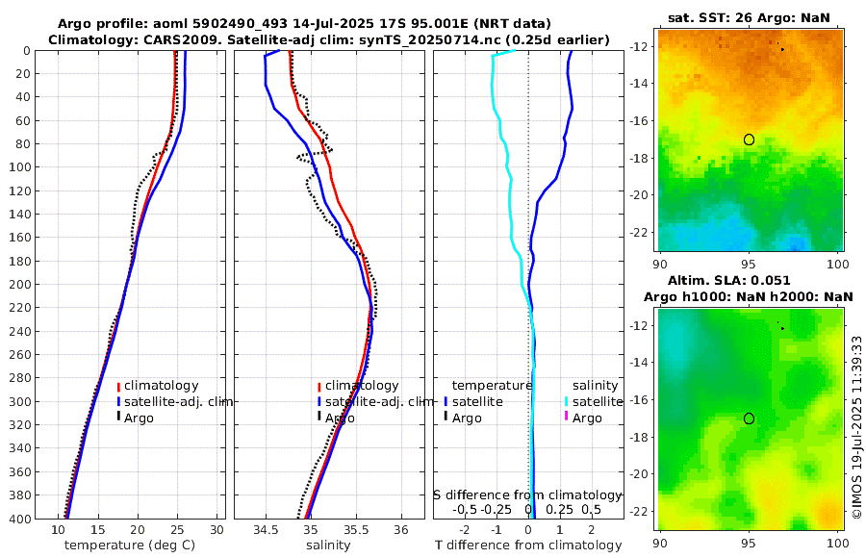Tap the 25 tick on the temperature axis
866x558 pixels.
pos(177,530)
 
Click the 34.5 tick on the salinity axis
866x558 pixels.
pos(266,530)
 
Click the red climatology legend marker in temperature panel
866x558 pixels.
pos(118,387)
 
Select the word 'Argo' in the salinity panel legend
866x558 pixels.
pos(340,418)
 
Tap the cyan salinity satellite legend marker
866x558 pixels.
pos(567,401)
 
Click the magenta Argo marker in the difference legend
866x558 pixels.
pos(567,417)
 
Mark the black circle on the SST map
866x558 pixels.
pos(749,139)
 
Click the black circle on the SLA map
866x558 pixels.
pos(749,418)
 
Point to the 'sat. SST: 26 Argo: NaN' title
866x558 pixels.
pos(748,17)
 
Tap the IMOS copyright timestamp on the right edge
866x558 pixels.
pos(856,427)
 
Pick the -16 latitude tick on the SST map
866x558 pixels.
pos(640,121)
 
